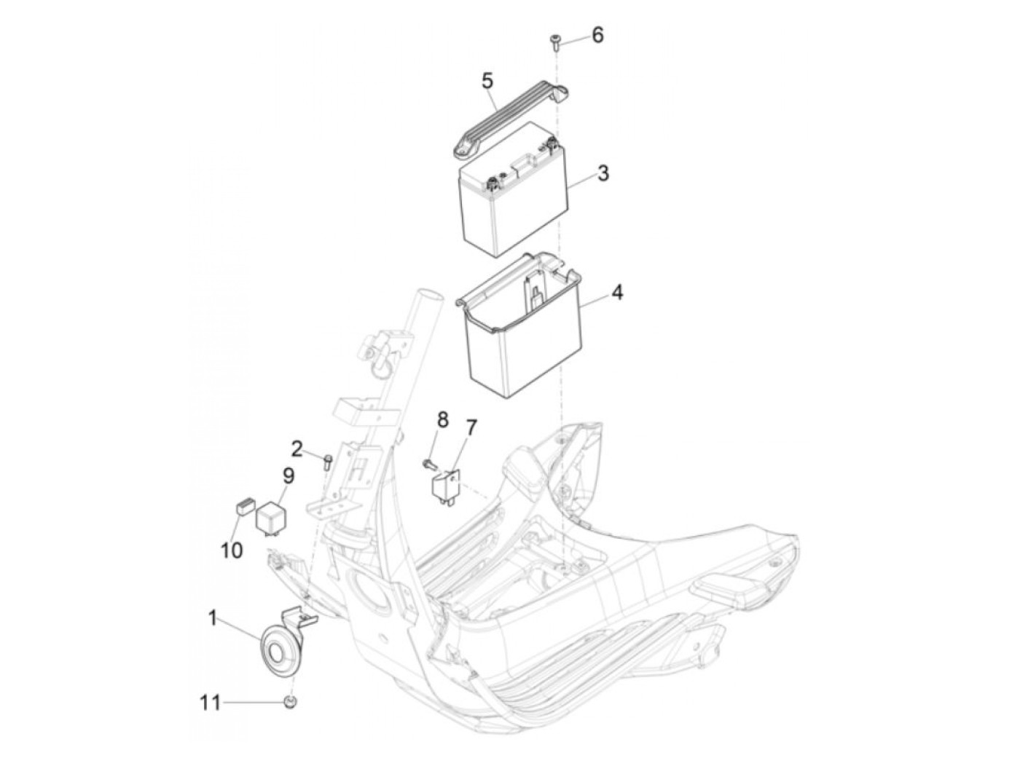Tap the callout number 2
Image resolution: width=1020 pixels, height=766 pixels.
297,446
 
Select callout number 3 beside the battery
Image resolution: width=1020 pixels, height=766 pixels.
603,173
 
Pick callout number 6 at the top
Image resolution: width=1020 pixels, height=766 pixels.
597,34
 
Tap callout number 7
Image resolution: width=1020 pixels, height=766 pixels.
471,427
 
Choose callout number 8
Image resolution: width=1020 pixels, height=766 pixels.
443,419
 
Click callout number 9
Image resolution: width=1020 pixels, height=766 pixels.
288,477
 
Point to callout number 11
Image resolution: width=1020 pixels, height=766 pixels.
210,703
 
